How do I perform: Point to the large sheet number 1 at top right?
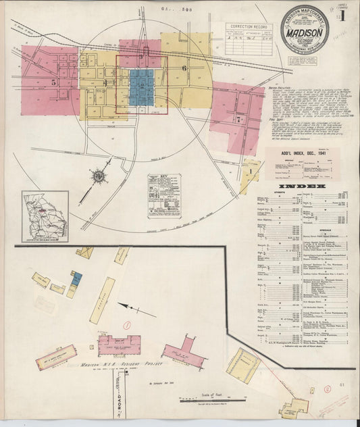point(349,14)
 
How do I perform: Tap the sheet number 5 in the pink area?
point(53,81)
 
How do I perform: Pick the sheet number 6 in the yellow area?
point(182,68)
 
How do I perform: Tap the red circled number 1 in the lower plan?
point(126,324)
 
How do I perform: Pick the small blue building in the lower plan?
point(76,278)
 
